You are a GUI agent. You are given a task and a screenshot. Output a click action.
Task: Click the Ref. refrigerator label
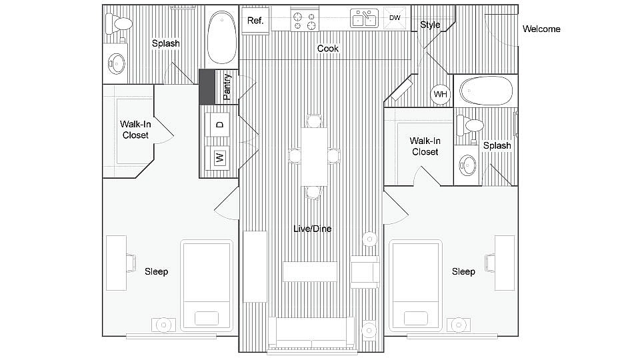pos(255,21)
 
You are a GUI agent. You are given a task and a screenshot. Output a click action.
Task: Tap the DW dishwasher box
pos(395,18)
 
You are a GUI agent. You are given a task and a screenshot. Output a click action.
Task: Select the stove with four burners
pos(305,19)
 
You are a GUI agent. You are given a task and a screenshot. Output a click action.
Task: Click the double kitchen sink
pos(365,19)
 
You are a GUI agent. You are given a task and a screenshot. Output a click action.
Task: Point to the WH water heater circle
pos(440,94)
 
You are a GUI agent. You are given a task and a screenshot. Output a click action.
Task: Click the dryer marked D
pos(218,124)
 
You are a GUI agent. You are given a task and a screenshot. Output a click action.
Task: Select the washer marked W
pos(218,158)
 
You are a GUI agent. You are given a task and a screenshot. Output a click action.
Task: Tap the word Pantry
pos(227,87)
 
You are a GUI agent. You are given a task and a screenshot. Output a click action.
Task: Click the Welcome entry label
pos(541,29)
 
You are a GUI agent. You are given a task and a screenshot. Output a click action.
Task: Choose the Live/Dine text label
pos(312,229)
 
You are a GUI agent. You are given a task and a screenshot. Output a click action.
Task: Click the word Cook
pos(327,49)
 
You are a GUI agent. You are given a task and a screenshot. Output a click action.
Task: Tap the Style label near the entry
pos(430,25)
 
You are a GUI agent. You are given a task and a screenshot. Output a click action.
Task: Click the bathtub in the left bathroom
pos(221,37)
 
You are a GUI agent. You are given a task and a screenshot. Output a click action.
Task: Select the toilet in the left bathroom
pos(122,23)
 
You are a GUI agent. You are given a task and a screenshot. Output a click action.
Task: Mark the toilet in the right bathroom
pos(472,124)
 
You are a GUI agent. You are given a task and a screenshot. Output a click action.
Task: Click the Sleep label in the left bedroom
pos(156,271)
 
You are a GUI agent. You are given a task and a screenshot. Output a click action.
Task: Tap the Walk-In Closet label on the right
pos(425,146)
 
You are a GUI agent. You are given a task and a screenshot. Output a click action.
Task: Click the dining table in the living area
pos(314,157)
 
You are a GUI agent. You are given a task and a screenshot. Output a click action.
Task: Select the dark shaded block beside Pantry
pos(207,87)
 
